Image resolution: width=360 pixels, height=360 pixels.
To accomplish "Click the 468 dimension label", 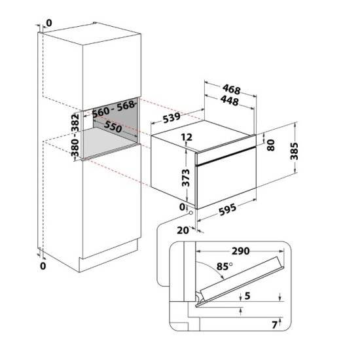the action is [x=232, y=89].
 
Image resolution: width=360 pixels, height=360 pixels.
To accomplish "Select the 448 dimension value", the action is [x=229, y=101].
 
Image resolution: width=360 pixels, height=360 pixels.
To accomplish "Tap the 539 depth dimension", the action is [x=171, y=118].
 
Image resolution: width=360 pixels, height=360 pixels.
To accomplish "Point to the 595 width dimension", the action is [x=228, y=209].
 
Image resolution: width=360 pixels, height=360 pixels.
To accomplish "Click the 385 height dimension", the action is [x=294, y=151].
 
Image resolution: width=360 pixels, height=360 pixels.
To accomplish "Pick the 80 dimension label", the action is [x=271, y=145].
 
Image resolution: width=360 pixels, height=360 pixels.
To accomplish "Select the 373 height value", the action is [x=185, y=177].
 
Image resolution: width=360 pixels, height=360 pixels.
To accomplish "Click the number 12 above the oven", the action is [x=187, y=137].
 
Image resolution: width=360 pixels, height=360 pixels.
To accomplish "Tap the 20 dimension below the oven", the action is [x=183, y=230].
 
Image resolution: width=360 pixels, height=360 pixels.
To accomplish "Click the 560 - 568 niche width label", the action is [x=113, y=109].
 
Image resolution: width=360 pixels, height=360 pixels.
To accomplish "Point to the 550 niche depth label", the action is [x=113, y=126].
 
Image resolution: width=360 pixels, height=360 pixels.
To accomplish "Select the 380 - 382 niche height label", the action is [x=75, y=135].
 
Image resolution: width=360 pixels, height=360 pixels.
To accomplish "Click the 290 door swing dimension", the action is [x=240, y=251].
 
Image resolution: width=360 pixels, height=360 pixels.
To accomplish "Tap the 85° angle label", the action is [x=225, y=266].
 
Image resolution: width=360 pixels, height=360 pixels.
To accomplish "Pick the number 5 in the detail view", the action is [x=247, y=296].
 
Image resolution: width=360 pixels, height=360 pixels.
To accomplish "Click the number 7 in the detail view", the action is [x=275, y=325].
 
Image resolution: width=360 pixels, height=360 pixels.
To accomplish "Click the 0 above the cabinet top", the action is [x=49, y=23].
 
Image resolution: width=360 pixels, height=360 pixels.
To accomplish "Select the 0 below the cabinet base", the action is [x=43, y=266].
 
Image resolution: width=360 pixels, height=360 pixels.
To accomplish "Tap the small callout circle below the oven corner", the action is [x=190, y=213].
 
